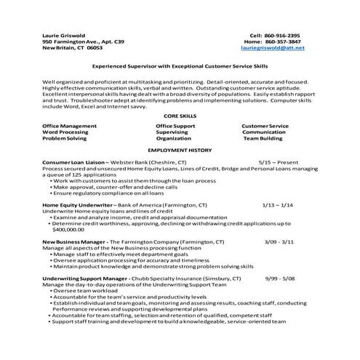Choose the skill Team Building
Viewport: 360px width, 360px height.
pyautogui.click(x=262, y=137)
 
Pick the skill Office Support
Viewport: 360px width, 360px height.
pyautogui.click(x=175, y=126)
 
